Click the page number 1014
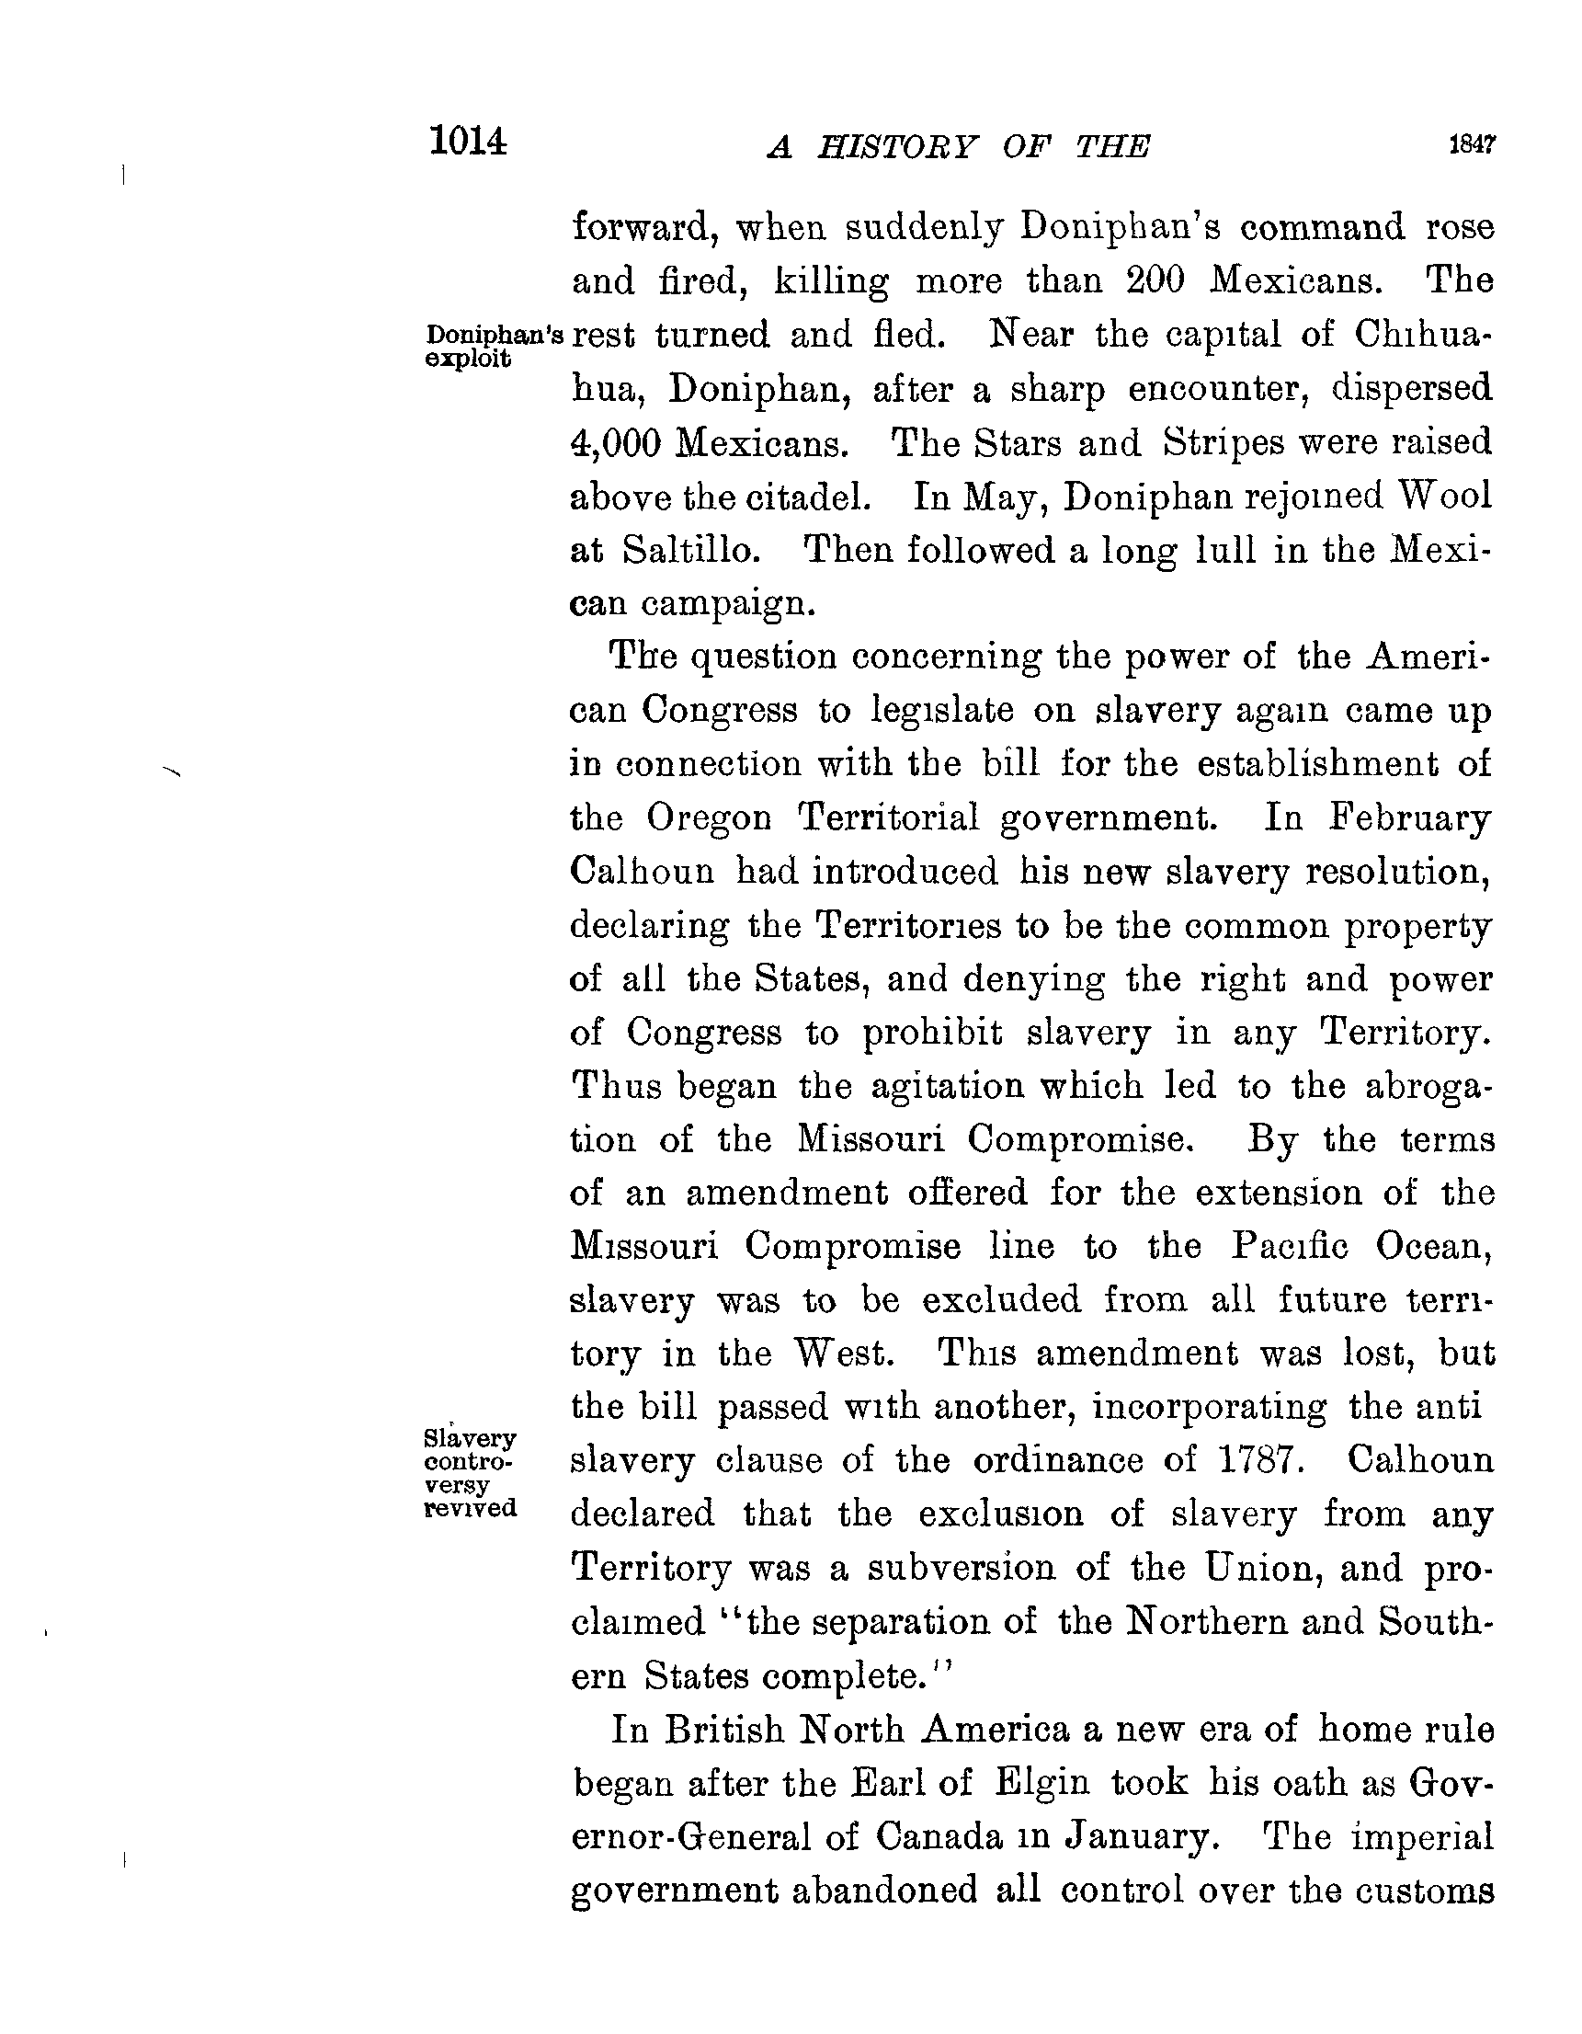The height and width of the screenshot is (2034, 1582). (469, 142)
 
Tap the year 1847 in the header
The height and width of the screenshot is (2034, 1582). (1471, 144)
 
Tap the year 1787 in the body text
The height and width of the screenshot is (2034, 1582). (1256, 1460)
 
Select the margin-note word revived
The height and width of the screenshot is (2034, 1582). (471, 1507)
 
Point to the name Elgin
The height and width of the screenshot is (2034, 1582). (1041, 1783)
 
